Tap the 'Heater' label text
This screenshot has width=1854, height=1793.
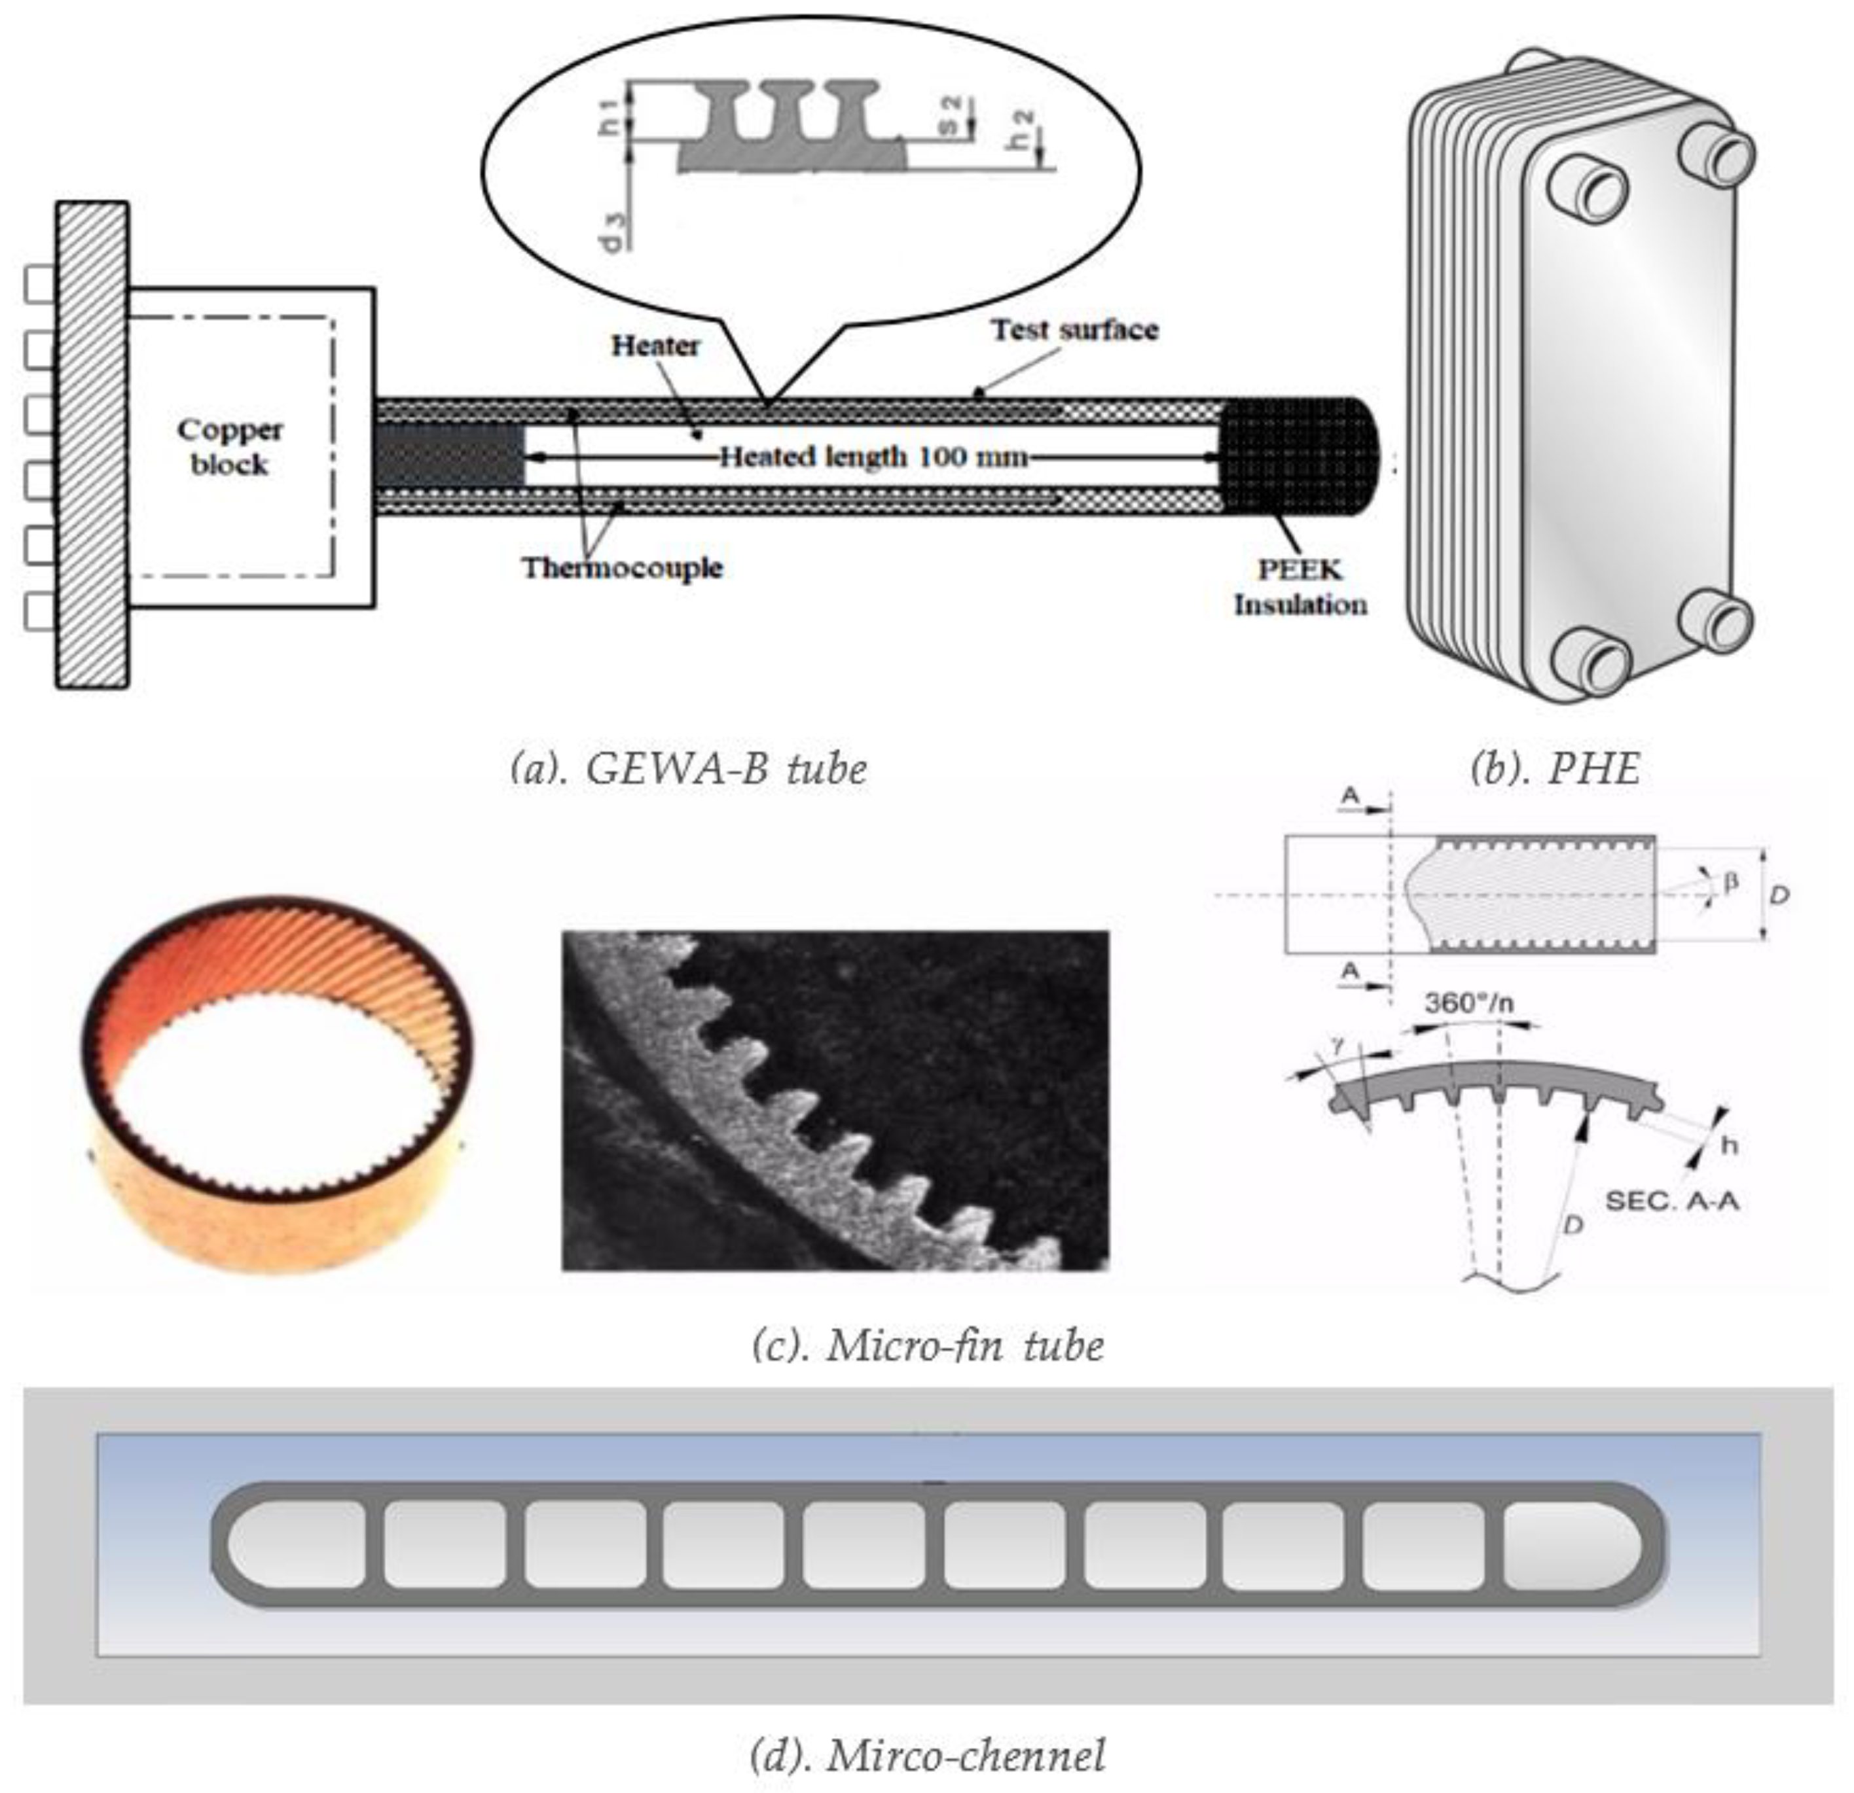[655, 346]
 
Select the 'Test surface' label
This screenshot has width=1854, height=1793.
[1074, 330]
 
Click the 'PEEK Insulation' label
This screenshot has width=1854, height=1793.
[1300, 587]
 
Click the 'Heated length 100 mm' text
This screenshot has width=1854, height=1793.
[872, 457]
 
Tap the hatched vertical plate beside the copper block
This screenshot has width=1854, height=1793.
[92, 444]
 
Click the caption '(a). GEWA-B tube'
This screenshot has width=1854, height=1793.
[687, 769]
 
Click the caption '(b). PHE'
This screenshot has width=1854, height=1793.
[1555, 769]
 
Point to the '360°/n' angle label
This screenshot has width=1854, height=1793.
[1468, 1003]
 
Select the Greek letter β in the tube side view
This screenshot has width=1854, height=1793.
[1731, 882]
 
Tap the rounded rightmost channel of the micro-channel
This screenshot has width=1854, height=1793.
[1571, 1545]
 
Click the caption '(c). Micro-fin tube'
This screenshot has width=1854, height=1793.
[927, 1345]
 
